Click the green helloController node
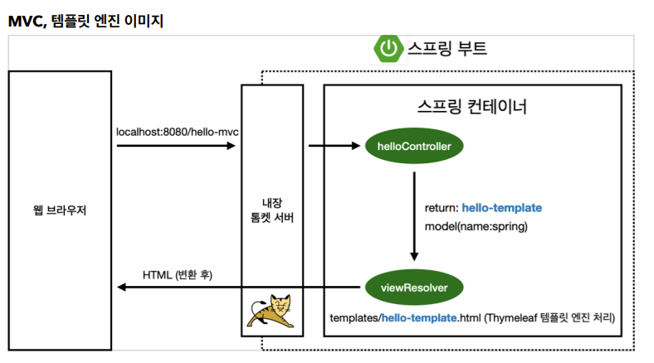(414, 147)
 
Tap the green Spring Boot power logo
(388, 49)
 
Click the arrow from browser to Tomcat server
(176, 147)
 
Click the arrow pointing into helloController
(334, 147)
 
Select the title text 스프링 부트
(447, 48)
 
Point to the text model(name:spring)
(466, 225)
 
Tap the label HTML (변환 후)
(177, 274)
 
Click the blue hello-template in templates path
(419, 317)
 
